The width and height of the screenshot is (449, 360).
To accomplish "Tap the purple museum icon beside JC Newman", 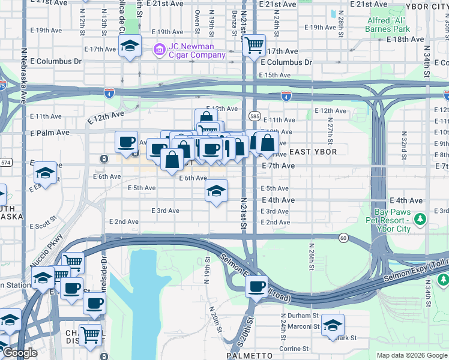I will tap(159, 48).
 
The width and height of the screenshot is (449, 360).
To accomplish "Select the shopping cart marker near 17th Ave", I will tap(254, 44).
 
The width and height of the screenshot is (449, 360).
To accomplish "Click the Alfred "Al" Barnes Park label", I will tap(388, 24).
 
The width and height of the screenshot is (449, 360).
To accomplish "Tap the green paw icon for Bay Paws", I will tap(421, 217).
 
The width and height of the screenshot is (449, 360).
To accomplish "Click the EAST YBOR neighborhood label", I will tap(313, 152).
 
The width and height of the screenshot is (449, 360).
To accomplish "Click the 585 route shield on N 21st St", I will tap(255, 115).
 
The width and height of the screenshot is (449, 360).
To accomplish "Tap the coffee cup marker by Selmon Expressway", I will tap(257, 286).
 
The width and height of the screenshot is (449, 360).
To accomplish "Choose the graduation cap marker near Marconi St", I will tap(333, 325).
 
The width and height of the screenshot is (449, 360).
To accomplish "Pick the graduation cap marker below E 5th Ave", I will tap(216, 191).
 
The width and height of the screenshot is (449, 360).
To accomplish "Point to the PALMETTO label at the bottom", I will tap(250, 355).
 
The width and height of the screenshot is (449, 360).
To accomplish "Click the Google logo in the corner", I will tap(20, 353).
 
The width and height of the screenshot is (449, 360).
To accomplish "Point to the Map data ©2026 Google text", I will tap(411, 355).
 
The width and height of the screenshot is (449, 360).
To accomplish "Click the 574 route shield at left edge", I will tap(5, 163).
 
